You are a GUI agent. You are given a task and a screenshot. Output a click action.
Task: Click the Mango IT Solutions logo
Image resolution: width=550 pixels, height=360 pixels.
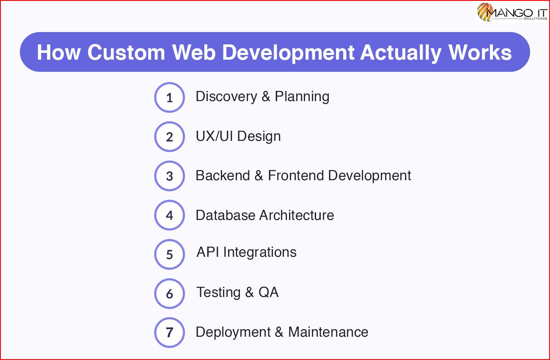[x=512, y=12]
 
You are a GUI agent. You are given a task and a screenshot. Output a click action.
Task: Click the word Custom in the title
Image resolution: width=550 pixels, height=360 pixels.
[x=126, y=52]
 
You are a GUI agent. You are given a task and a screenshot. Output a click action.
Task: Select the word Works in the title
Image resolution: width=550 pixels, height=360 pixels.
[x=480, y=52]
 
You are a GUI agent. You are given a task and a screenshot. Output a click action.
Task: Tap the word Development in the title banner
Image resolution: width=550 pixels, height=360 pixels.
[x=288, y=53]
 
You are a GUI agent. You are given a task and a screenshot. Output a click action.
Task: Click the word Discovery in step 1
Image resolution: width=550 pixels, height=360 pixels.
[x=226, y=97]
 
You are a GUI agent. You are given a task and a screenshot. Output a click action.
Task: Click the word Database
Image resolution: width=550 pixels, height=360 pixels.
[x=225, y=215]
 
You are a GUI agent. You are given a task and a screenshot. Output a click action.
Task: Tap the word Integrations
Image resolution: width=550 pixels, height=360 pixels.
[x=260, y=253]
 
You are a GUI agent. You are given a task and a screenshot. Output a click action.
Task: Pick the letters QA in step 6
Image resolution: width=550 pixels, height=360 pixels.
[x=269, y=292]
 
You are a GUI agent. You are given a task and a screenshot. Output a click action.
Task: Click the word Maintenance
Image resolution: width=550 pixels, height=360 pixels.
[x=328, y=332]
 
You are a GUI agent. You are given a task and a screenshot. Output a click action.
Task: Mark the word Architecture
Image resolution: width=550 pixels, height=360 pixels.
[x=297, y=215]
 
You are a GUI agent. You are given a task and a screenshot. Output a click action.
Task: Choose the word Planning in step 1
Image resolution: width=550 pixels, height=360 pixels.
[x=302, y=97]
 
